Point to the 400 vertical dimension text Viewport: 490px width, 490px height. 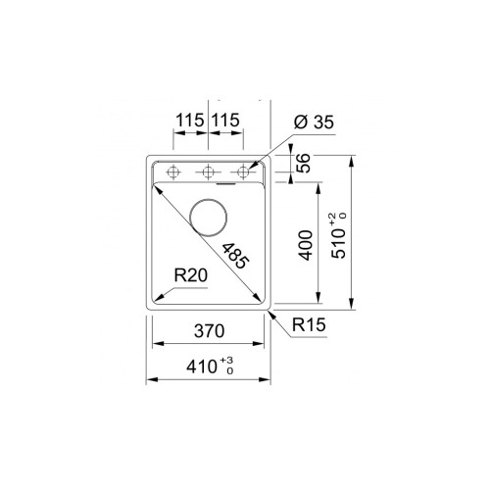(305, 245)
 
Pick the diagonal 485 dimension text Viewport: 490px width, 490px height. (235, 256)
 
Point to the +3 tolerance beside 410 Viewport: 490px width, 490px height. (227, 363)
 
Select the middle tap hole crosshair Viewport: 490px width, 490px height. (208, 171)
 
